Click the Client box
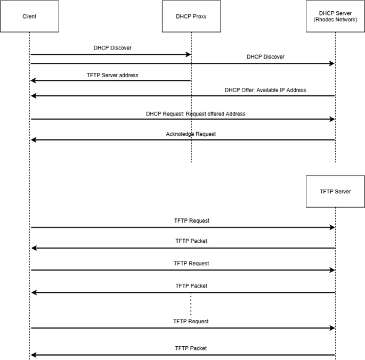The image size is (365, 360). (x=29, y=16)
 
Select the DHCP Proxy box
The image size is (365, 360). (x=191, y=16)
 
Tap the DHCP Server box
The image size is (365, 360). (x=335, y=16)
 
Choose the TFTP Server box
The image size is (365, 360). (x=335, y=191)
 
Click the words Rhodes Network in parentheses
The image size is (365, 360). (x=335, y=20)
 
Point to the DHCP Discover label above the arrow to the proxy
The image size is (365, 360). (x=112, y=47)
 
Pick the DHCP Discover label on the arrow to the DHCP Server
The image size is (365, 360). (x=265, y=56)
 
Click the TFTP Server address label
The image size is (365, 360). (x=112, y=75)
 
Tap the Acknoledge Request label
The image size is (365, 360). (x=191, y=134)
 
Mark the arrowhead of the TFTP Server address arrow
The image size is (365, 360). (x=33, y=81)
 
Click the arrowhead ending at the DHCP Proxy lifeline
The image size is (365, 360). (x=188, y=54)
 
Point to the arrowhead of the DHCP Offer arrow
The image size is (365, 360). (x=33, y=96)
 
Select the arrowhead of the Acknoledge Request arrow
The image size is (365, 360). (x=33, y=140)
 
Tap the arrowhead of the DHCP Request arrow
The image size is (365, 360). (x=332, y=119)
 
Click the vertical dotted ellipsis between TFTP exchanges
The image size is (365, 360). (x=190, y=306)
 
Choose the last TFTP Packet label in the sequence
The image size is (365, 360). (x=191, y=348)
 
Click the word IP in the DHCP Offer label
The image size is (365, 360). (x=279, y=90)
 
